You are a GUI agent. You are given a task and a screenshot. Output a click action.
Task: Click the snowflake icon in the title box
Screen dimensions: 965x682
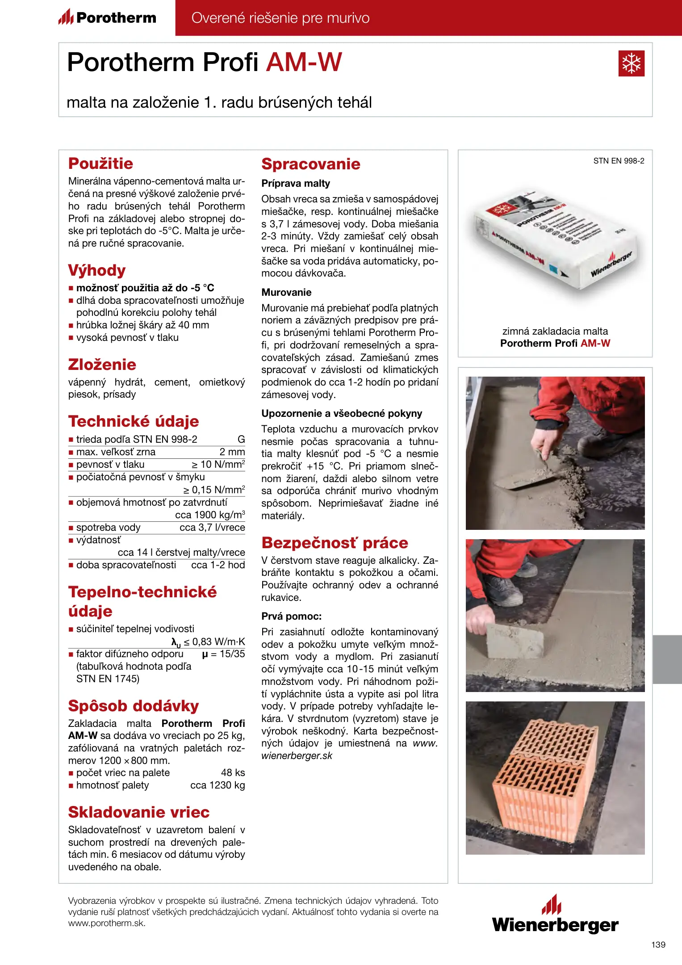pos(631,63)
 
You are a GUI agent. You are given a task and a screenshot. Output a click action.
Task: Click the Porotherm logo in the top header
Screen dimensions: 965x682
pos(108,18)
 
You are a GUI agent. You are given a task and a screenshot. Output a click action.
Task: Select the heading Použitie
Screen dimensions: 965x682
pos(100,164)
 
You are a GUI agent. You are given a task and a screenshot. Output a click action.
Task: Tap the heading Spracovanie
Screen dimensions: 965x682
pos(310,164)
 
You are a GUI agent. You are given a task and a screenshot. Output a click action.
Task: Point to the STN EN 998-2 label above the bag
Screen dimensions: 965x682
pos(619,161)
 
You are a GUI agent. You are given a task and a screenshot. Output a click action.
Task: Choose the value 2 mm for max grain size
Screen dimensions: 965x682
pos(232,452)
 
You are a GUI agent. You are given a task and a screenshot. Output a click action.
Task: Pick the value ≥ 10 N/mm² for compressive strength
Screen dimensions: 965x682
pos(218,464)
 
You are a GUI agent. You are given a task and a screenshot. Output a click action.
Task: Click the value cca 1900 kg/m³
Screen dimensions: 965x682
pos(210,515)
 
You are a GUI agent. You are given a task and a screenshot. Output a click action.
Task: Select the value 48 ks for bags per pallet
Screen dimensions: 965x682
pos(233,772)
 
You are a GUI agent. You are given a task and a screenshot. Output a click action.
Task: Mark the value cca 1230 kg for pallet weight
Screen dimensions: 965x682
pos(218,785)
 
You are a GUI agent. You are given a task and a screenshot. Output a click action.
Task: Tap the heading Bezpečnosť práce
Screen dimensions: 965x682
pos(335,542)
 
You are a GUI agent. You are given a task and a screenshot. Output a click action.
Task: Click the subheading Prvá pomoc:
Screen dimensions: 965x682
pos(291,616)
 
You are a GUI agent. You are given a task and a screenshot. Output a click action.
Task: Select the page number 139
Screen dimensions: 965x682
pos(658,944)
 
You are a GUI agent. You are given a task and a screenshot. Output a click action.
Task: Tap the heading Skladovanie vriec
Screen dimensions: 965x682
pos(138,812)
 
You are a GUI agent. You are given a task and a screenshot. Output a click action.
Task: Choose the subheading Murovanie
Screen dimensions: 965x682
pos(286,292)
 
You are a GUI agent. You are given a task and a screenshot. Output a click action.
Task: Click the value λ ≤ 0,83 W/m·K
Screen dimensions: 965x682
pos(208,642)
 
